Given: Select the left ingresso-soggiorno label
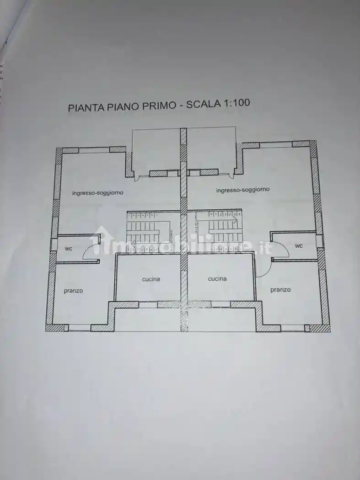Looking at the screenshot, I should pyautogui.click(x=97, y=193).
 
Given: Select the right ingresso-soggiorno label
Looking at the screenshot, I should pyautogui.click(x=243, y=189).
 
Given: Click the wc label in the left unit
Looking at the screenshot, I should pyautogui.click(x=68, y=249).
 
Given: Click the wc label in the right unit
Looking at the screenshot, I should pyautogui.click(x=299, y=246).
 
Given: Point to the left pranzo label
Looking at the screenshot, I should pyautogui.click(x=73, y=291).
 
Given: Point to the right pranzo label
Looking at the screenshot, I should pyautogui.click(x=280, y=290).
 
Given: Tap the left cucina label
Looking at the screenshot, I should pyautogui.click(x=151, y=279).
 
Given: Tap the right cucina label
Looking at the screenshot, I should pyautogui.click(x=217, y=278).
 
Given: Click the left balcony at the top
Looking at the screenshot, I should pyautogui.click(x=155, y=150).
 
